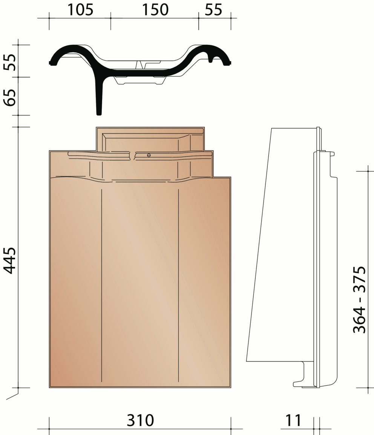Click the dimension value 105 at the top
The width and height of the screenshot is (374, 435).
(x=80, y=10)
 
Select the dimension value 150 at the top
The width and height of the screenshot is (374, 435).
(x=155, y=10)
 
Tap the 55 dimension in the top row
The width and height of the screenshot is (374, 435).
(x=214, y=10)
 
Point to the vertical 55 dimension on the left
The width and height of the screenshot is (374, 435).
(x=10, y=62)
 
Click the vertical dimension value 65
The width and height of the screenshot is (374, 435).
(x=10, y=97)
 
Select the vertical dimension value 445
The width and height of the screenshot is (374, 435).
(x=10, y=260)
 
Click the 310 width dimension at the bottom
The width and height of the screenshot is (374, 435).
(x=140, y=420)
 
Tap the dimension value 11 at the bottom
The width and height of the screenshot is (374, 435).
(x=293, y=420)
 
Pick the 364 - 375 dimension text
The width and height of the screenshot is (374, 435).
(x=360, y=300)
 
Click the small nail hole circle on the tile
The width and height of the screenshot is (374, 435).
(x=149, y=155)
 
